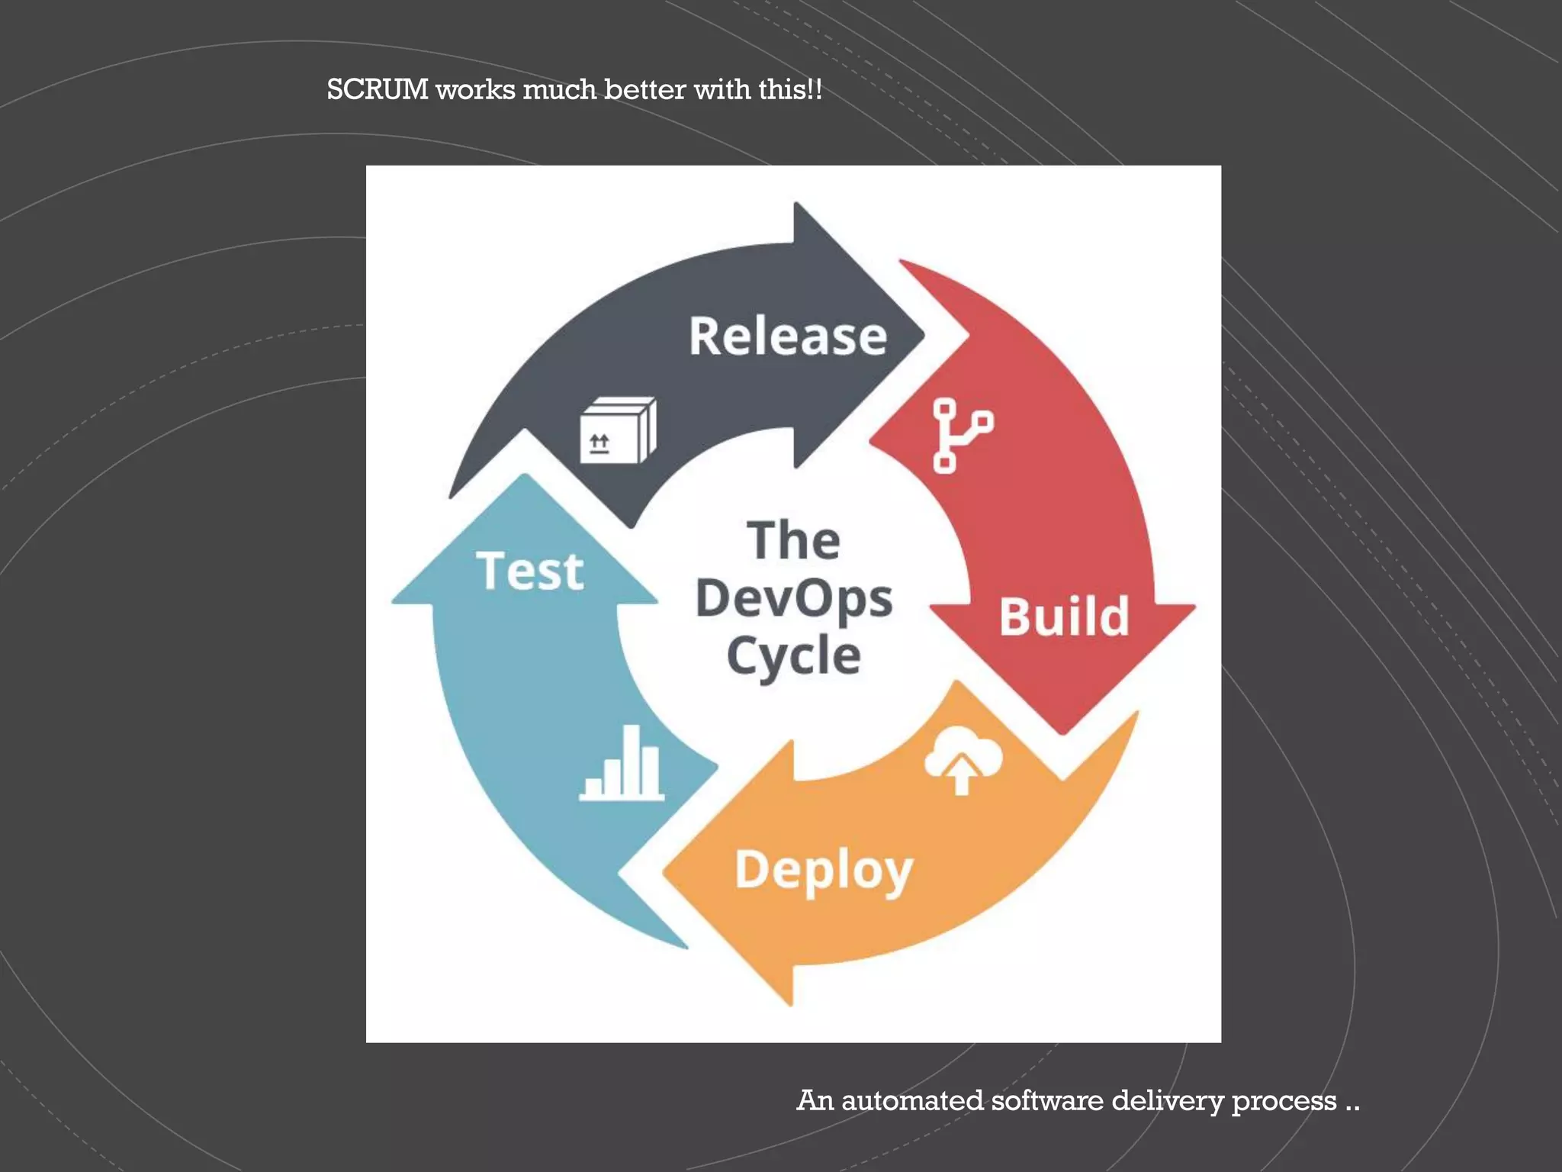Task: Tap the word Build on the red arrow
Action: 1064,617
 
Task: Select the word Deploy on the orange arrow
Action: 824,870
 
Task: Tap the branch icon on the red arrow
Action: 962,436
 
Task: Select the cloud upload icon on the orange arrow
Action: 963,760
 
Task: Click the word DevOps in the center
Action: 794,598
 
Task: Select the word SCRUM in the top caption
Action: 378,90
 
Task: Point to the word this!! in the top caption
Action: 790,90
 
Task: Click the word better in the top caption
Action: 645,90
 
